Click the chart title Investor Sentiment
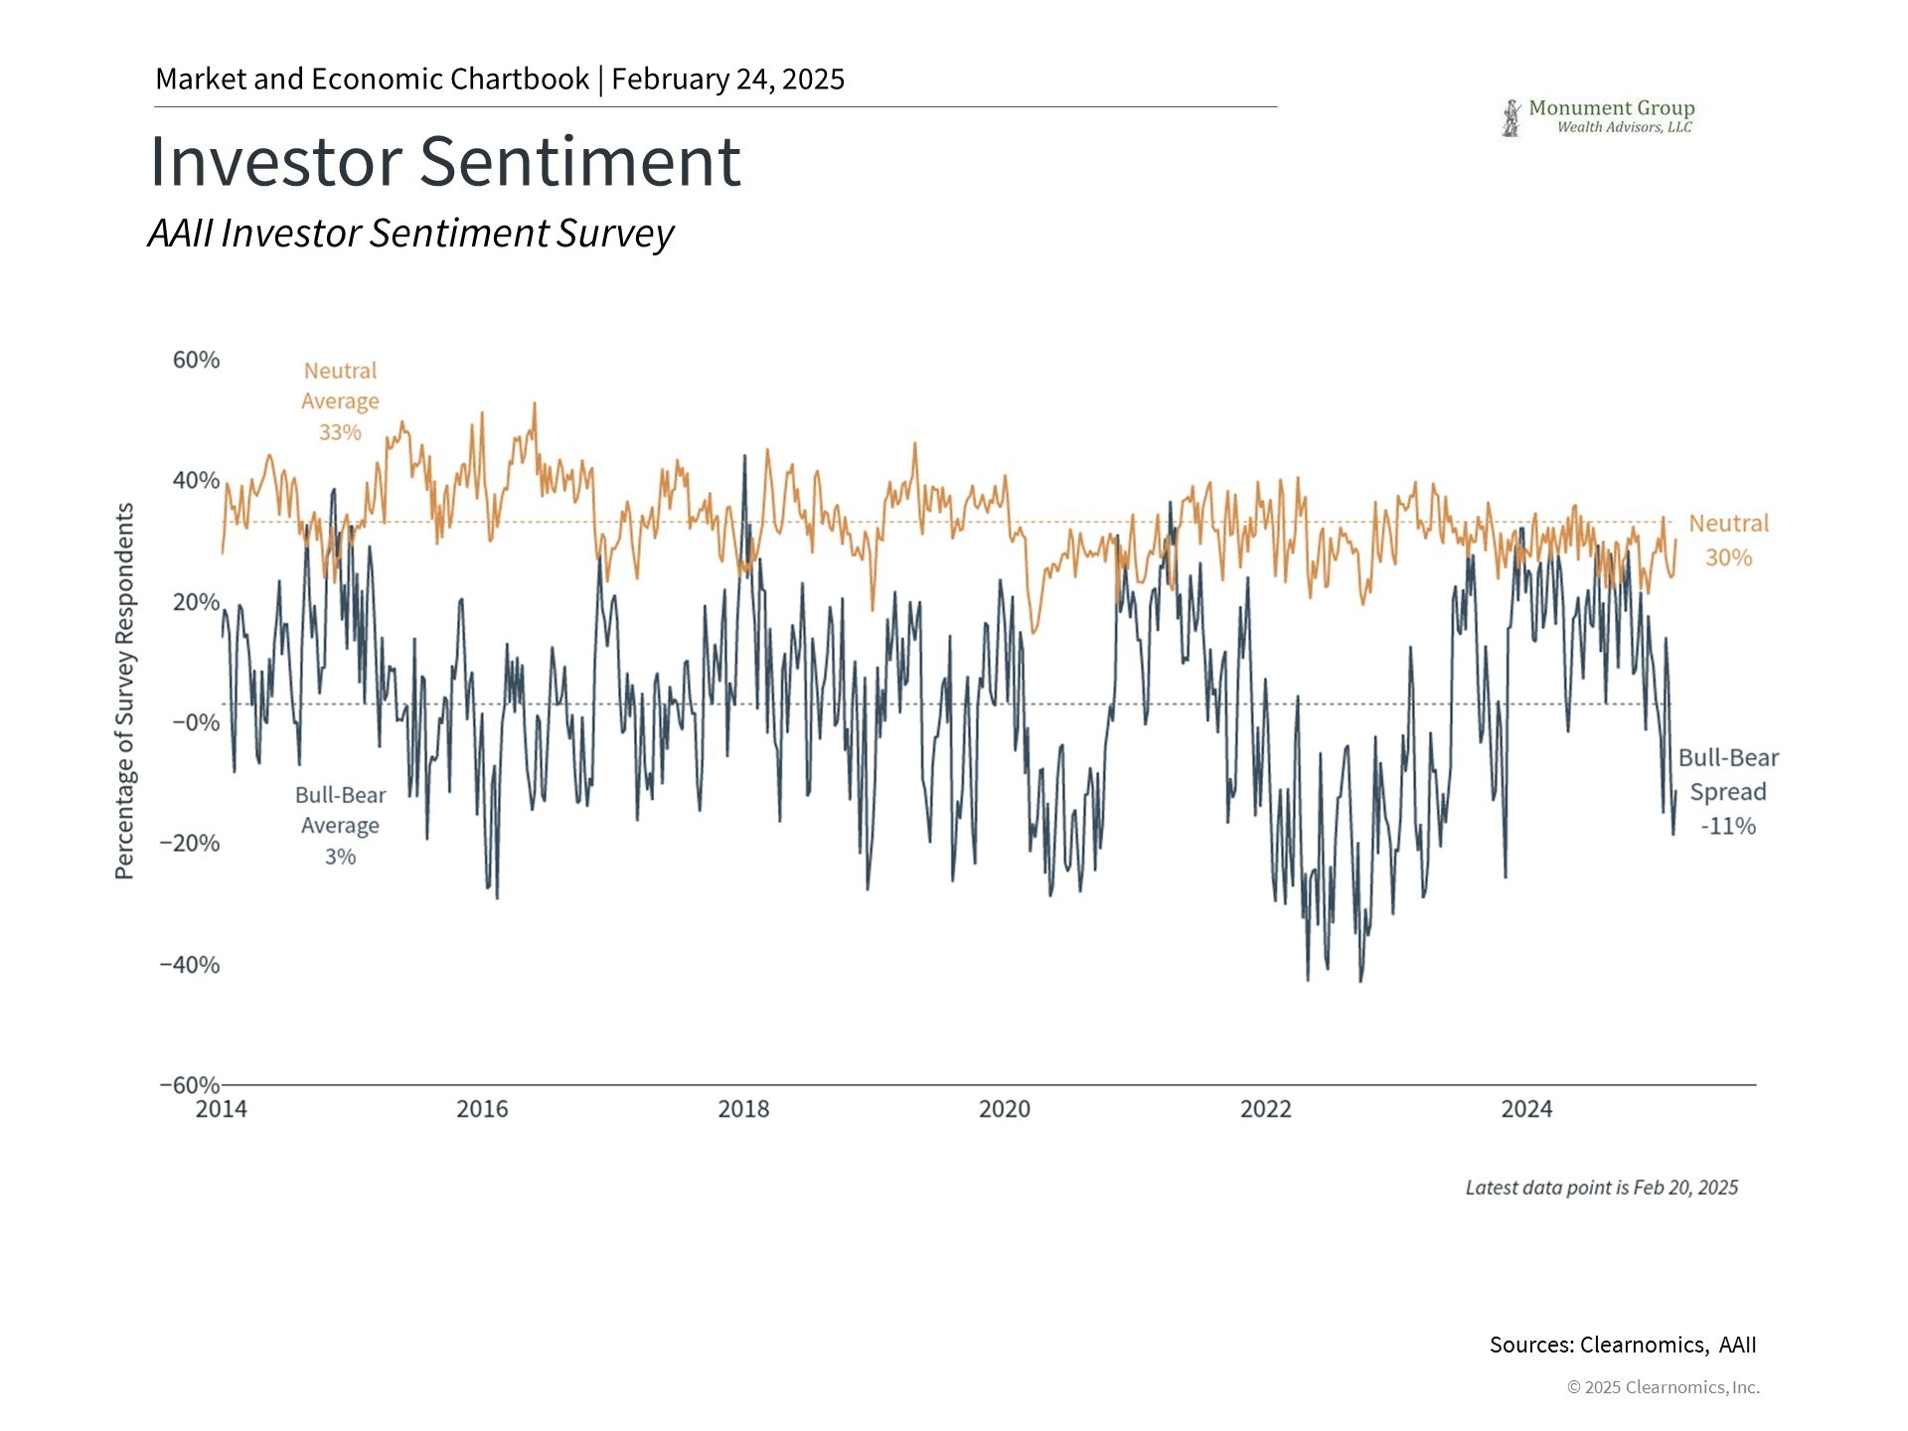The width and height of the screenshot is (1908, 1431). (445, 161)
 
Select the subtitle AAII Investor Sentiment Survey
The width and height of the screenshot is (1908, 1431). (410, 234)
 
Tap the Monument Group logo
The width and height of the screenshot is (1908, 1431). (1597, 117)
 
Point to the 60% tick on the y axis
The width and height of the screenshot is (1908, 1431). (196, 360)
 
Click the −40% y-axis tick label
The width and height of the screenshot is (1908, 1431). (190, 965)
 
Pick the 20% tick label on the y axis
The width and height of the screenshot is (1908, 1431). (196, 602)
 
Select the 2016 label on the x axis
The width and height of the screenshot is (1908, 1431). (482, 1109)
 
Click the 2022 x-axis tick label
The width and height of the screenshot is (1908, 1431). (1265, 1109)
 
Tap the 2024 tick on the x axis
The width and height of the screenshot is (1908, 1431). (1526, 1109)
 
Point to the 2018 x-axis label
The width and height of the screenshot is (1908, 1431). (743, 1109)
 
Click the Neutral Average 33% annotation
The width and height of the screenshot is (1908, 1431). (340, 401)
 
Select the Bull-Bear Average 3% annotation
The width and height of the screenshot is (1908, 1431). (340, 826)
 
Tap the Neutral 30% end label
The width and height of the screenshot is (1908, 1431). (1728, 541)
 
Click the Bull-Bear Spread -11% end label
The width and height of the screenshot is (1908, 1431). (1728, 792)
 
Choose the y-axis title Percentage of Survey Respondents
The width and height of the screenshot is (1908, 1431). (124, 691)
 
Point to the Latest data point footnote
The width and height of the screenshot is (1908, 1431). (1601, 1188)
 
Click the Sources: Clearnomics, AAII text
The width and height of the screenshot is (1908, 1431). (1622, 1345)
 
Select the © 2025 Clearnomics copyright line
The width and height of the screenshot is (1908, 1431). (1663, 1387)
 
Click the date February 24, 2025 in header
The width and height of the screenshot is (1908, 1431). (727, 79)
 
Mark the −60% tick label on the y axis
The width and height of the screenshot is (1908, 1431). (190, 1085)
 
